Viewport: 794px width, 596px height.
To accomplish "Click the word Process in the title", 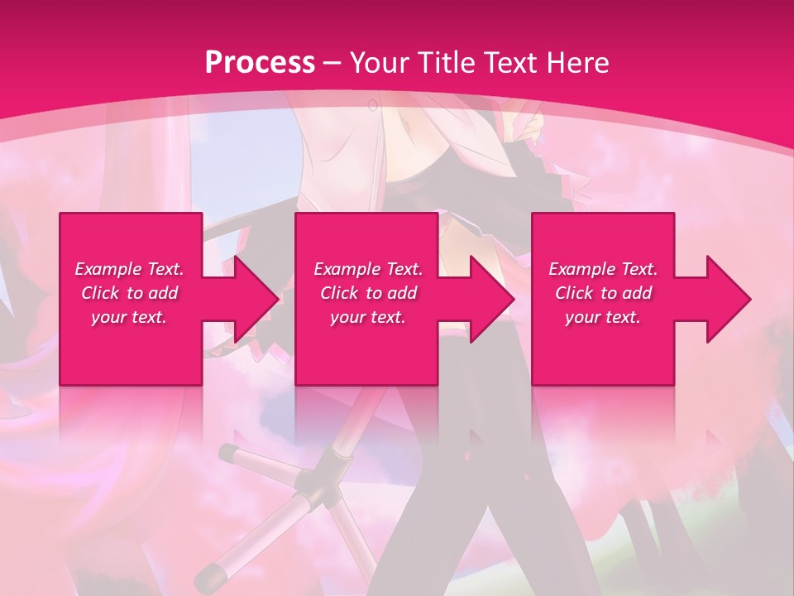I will (x=260, y=62).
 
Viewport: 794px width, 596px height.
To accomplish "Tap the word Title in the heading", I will (x=440, y=62).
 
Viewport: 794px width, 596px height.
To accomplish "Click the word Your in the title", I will (x=377, y=62).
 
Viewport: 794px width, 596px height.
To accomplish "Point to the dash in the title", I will (x=332, y=63).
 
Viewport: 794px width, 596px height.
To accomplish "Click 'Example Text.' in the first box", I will (x=129, y=269).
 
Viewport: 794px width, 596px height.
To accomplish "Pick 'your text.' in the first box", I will (x=129, y=317).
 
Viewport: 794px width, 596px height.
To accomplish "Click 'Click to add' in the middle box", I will (x=368, y=293).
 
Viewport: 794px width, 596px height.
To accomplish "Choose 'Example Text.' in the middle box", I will (x=368, y=269).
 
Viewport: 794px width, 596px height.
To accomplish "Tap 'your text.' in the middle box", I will (x=368, y=317).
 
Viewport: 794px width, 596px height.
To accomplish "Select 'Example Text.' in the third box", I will (x=603, y=269).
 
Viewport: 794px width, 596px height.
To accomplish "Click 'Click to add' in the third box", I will (x=603, y=293).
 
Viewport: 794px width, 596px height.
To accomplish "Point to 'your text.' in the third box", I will (x=603, y=317).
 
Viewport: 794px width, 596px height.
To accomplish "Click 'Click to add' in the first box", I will (x=129, y=293).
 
